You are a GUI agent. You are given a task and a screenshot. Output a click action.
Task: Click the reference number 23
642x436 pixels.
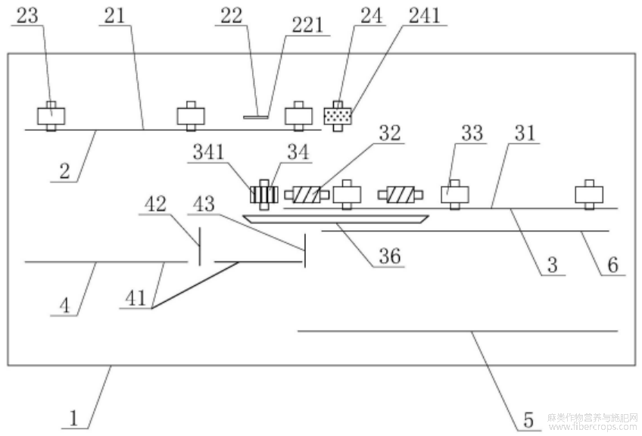[x=27, y=16]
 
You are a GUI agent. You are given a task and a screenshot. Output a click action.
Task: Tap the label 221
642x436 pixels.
[x=307, y=26]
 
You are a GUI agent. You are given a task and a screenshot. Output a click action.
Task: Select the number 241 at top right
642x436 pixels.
[x=424, y=16]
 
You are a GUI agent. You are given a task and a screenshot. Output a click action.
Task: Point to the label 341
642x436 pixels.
[x=209, y=152]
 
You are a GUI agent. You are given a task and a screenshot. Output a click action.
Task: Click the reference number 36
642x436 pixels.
[x=390, y=257]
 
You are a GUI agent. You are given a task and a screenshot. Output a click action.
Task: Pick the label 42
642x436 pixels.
[x=156, y=204]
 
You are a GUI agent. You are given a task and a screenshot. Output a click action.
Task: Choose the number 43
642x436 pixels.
[x=204, y=204]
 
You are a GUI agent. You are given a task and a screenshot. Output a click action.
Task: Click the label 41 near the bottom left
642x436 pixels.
[x=136, y=298]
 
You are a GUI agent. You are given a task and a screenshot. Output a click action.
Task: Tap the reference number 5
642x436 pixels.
[x=529, y=420]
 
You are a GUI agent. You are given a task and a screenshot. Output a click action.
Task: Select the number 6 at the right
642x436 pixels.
[x=613, y=265]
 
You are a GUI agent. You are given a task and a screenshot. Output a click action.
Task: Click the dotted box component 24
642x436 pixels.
[x=338, y=117]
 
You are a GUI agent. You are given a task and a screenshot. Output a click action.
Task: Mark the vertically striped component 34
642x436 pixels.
[x=264, y=195]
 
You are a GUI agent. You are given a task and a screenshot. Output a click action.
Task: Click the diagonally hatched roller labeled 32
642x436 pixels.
[x=307, y=195]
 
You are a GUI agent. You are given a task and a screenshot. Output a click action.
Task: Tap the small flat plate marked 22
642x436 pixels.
[x=256, y=117]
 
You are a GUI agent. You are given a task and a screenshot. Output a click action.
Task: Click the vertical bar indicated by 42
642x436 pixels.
[x=199, y=246]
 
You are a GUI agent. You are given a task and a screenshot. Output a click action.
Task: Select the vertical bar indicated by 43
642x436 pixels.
[x=304, y=251]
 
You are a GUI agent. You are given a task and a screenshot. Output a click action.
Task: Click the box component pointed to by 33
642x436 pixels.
[x=455, y=195]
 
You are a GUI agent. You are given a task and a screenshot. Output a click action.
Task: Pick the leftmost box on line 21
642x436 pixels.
[x=51, y=117]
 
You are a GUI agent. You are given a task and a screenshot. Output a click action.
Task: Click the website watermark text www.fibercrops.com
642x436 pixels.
[x=594, y=427]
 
